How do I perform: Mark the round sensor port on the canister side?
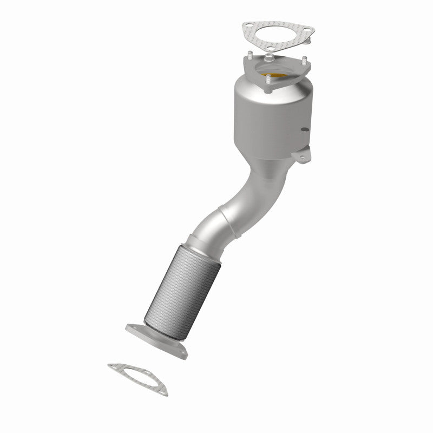(306, 130)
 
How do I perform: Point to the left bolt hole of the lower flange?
(131, 327)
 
